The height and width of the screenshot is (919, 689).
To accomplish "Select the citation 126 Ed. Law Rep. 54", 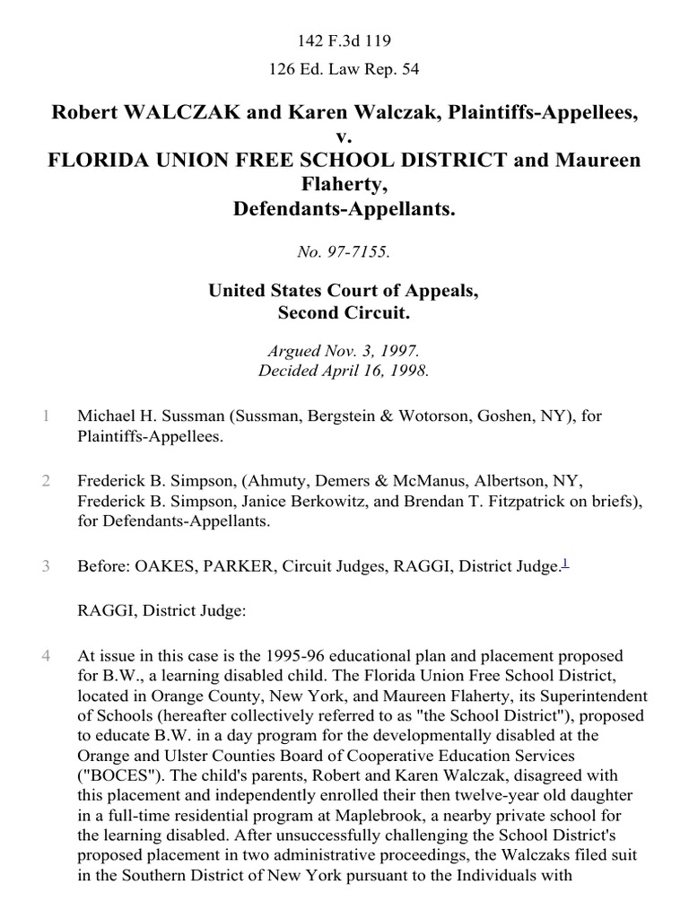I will click(344, 68).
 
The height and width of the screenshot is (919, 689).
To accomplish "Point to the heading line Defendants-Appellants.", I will click(344, 210).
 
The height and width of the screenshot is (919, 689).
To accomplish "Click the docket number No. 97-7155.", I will click(344, 253).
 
